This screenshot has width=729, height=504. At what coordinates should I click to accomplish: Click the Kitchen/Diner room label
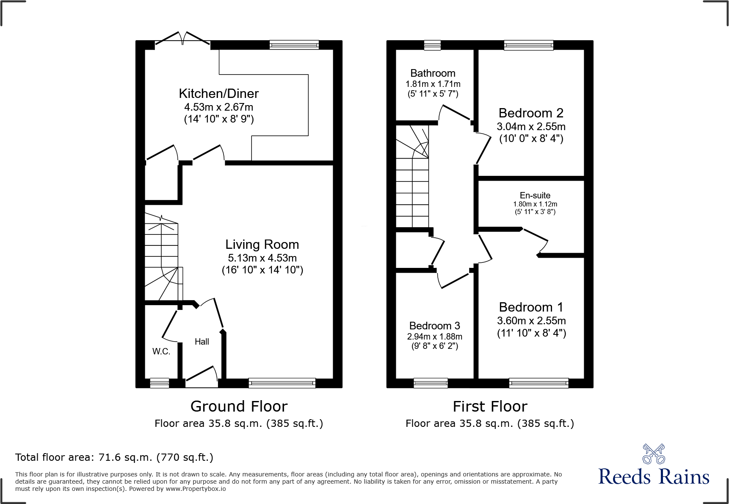coord(218,94)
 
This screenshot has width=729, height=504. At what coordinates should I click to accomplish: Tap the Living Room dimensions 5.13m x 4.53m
coord(262,258)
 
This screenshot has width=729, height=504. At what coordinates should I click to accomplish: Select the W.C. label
coord(161,351)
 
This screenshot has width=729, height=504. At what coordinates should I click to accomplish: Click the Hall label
coord(202,342)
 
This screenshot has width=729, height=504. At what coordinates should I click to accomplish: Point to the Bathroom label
coord(433,73)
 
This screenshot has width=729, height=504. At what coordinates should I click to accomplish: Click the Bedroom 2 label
coord(531,113)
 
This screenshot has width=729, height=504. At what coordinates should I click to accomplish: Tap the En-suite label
coord(535,195)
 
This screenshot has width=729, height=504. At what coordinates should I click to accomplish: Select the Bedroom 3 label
coord(434,326)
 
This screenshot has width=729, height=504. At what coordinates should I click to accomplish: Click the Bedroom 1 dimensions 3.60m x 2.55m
coord(531,321)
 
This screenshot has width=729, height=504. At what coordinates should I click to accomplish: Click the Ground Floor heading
coord(239,407)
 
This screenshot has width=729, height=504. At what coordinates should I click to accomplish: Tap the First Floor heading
coord(490,407)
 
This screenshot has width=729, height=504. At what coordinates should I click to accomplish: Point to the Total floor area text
coord(114,457)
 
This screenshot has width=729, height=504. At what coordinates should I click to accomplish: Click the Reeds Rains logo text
coord(654,477)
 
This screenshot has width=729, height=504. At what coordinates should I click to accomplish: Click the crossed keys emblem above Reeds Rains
coord(654,454)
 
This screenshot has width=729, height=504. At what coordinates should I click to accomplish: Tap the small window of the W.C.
coord(160,383)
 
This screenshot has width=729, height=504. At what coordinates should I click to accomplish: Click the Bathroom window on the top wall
coord(432,45)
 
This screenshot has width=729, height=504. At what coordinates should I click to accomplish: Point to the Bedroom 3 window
coord(431,383)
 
